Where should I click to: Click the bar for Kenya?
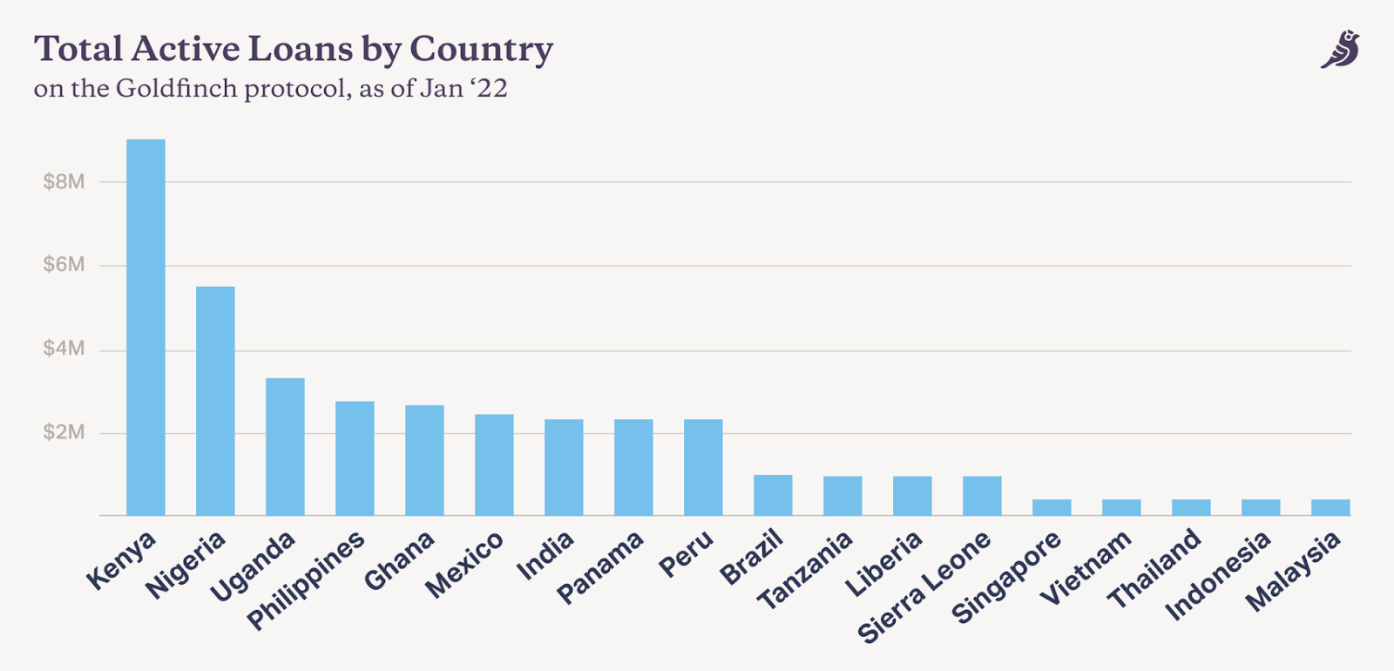point(145,327)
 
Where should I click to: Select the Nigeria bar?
point(215,401)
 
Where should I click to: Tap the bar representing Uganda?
point(285,446)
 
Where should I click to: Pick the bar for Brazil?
point(773,495)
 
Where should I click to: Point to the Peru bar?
point(703,467)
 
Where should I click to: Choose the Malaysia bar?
point(1330,507)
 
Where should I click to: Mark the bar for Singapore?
point(1052,507)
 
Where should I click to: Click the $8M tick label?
point(64,181)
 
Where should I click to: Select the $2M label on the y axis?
point(64,432)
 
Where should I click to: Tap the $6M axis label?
point(64,265)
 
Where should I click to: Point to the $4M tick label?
point(64,349)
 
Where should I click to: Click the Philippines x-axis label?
point(306,579)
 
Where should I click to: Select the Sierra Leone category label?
point(924,586)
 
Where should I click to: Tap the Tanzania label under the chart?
point(804,571)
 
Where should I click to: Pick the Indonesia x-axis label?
point(1217,576)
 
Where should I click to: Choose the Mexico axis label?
point(464,564)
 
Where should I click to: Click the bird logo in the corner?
point(1340,50)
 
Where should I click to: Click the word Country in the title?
point(481,50)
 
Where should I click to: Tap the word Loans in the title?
point(300,50)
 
